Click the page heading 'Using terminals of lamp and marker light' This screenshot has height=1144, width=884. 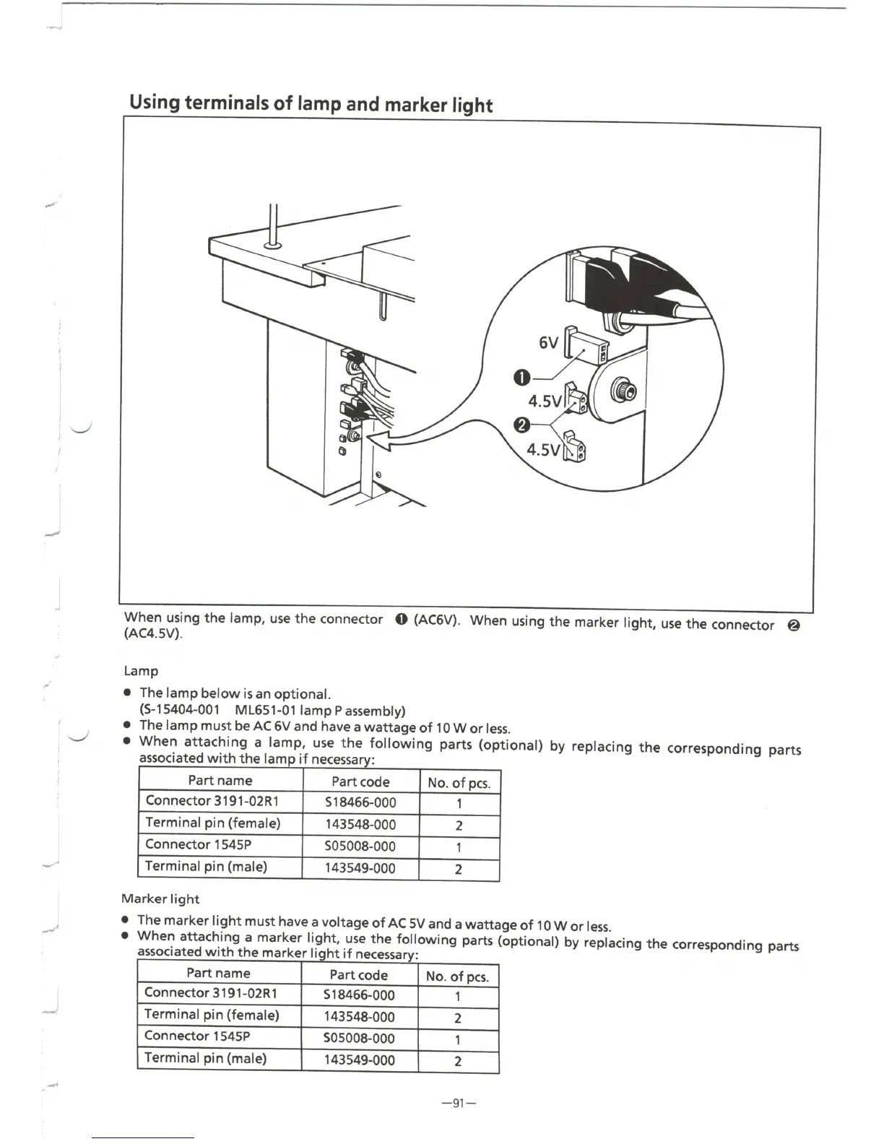click(x=311, y=103)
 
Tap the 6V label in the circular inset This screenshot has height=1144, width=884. click(x=549, y=343)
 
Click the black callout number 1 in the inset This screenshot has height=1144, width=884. click(x=521, y=376)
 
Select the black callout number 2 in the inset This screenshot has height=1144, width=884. click(x=521, y=424)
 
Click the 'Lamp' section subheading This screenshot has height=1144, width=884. click(x=141, y=670)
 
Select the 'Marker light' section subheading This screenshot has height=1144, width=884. click(x=160, y=898)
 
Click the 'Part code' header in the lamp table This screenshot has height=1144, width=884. click(x=360, y=781)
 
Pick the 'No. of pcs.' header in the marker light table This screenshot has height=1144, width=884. click(x=457, y=976)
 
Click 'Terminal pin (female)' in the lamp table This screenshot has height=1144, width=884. click(x=212, y=823)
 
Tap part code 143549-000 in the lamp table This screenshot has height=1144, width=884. click(x=360, y=868)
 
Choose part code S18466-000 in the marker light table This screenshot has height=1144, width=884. click(x=360, y=995)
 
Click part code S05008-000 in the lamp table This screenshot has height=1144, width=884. click(x=360, y=846)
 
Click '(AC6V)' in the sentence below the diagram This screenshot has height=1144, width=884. click(x=437, y=620)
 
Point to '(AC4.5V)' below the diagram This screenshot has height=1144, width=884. click(x=154, y=635)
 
